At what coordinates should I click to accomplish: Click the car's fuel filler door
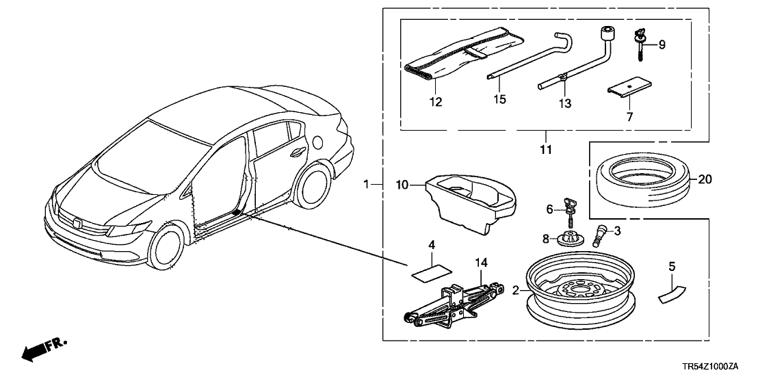click(x=319, y=142)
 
